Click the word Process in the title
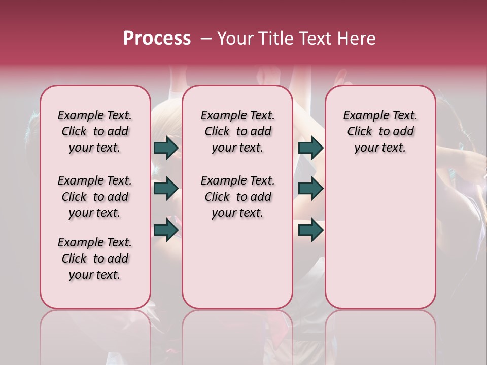click(157, 39)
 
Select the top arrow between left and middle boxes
click(166, 148)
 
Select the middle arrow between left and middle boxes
click(166, 189)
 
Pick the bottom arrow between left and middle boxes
click(166, 230)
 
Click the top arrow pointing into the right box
click(310, 148)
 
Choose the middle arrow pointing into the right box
click(310, 189)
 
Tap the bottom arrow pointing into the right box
click(310, 230)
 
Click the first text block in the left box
click(95, 131)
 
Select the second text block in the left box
click(95, 197)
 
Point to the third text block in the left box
click(95, 259)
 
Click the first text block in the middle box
click(237, 131)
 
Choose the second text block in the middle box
click(237, 197)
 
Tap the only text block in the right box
click(380, 131)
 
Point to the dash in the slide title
click(206, 39)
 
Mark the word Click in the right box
click(360, 132)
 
